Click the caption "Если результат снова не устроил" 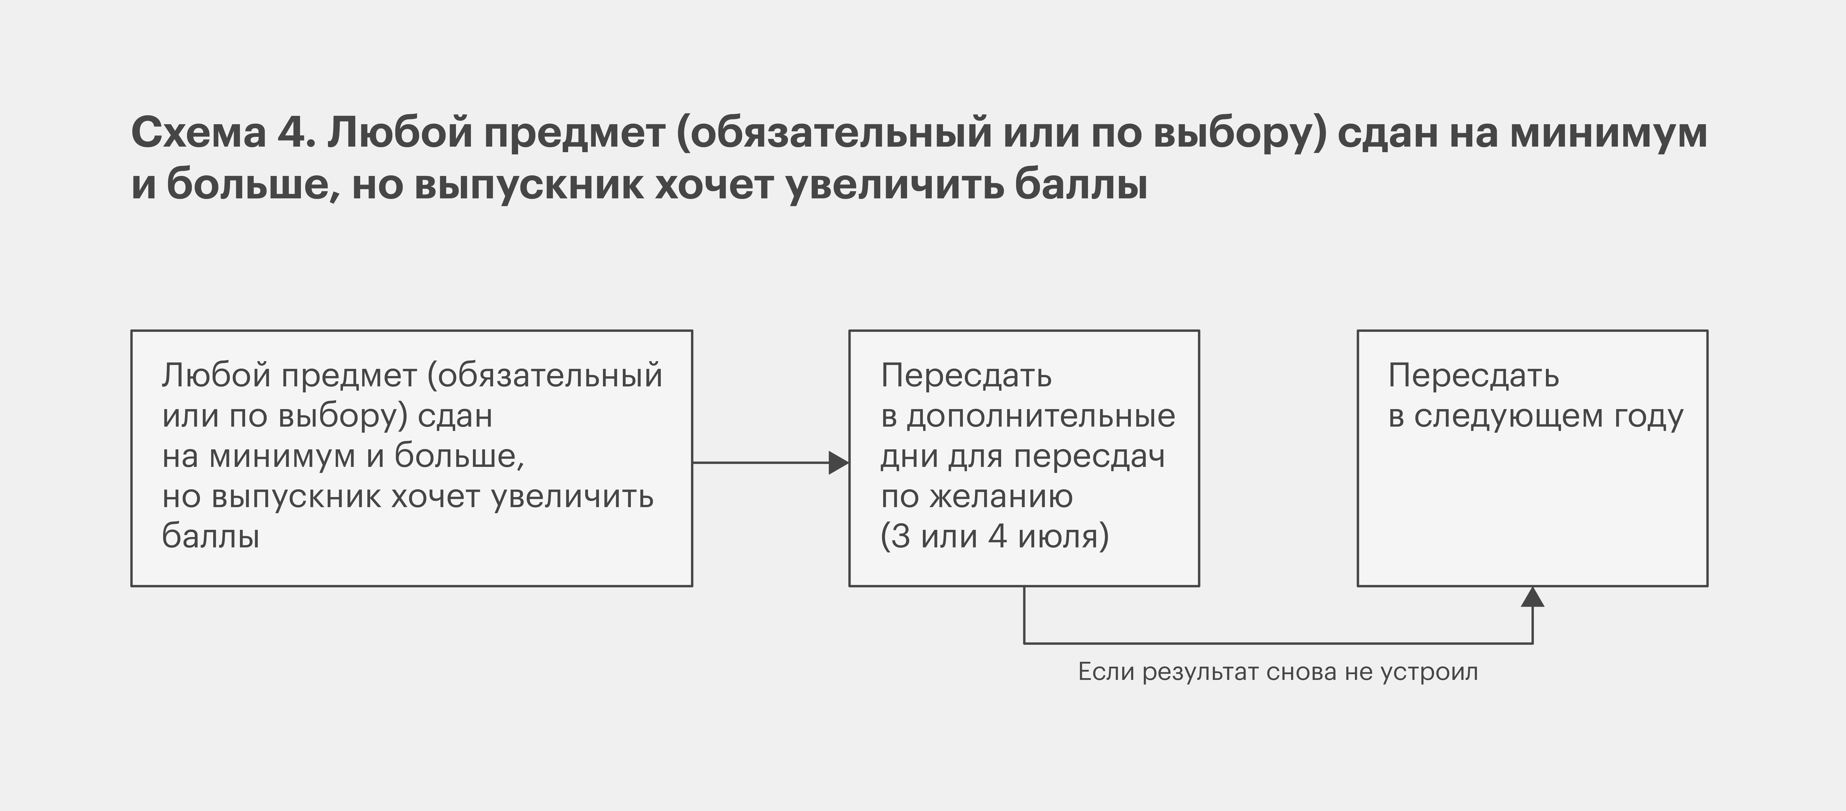point(1278,672)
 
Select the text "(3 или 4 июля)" point(995,537)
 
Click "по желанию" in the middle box point(977,496)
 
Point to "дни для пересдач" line point(1023,456)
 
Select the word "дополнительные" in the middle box point(1041,416)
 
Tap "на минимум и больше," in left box point(343,456)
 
